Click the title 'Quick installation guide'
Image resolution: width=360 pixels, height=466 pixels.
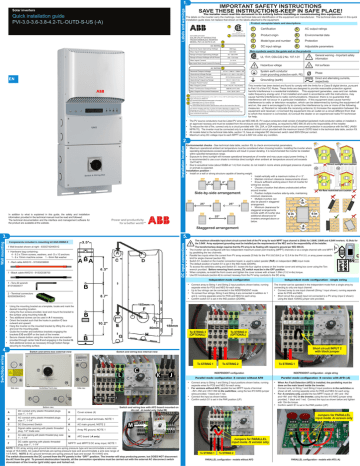pos(40,18)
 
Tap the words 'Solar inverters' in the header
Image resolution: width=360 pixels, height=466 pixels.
pos(24,8)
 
